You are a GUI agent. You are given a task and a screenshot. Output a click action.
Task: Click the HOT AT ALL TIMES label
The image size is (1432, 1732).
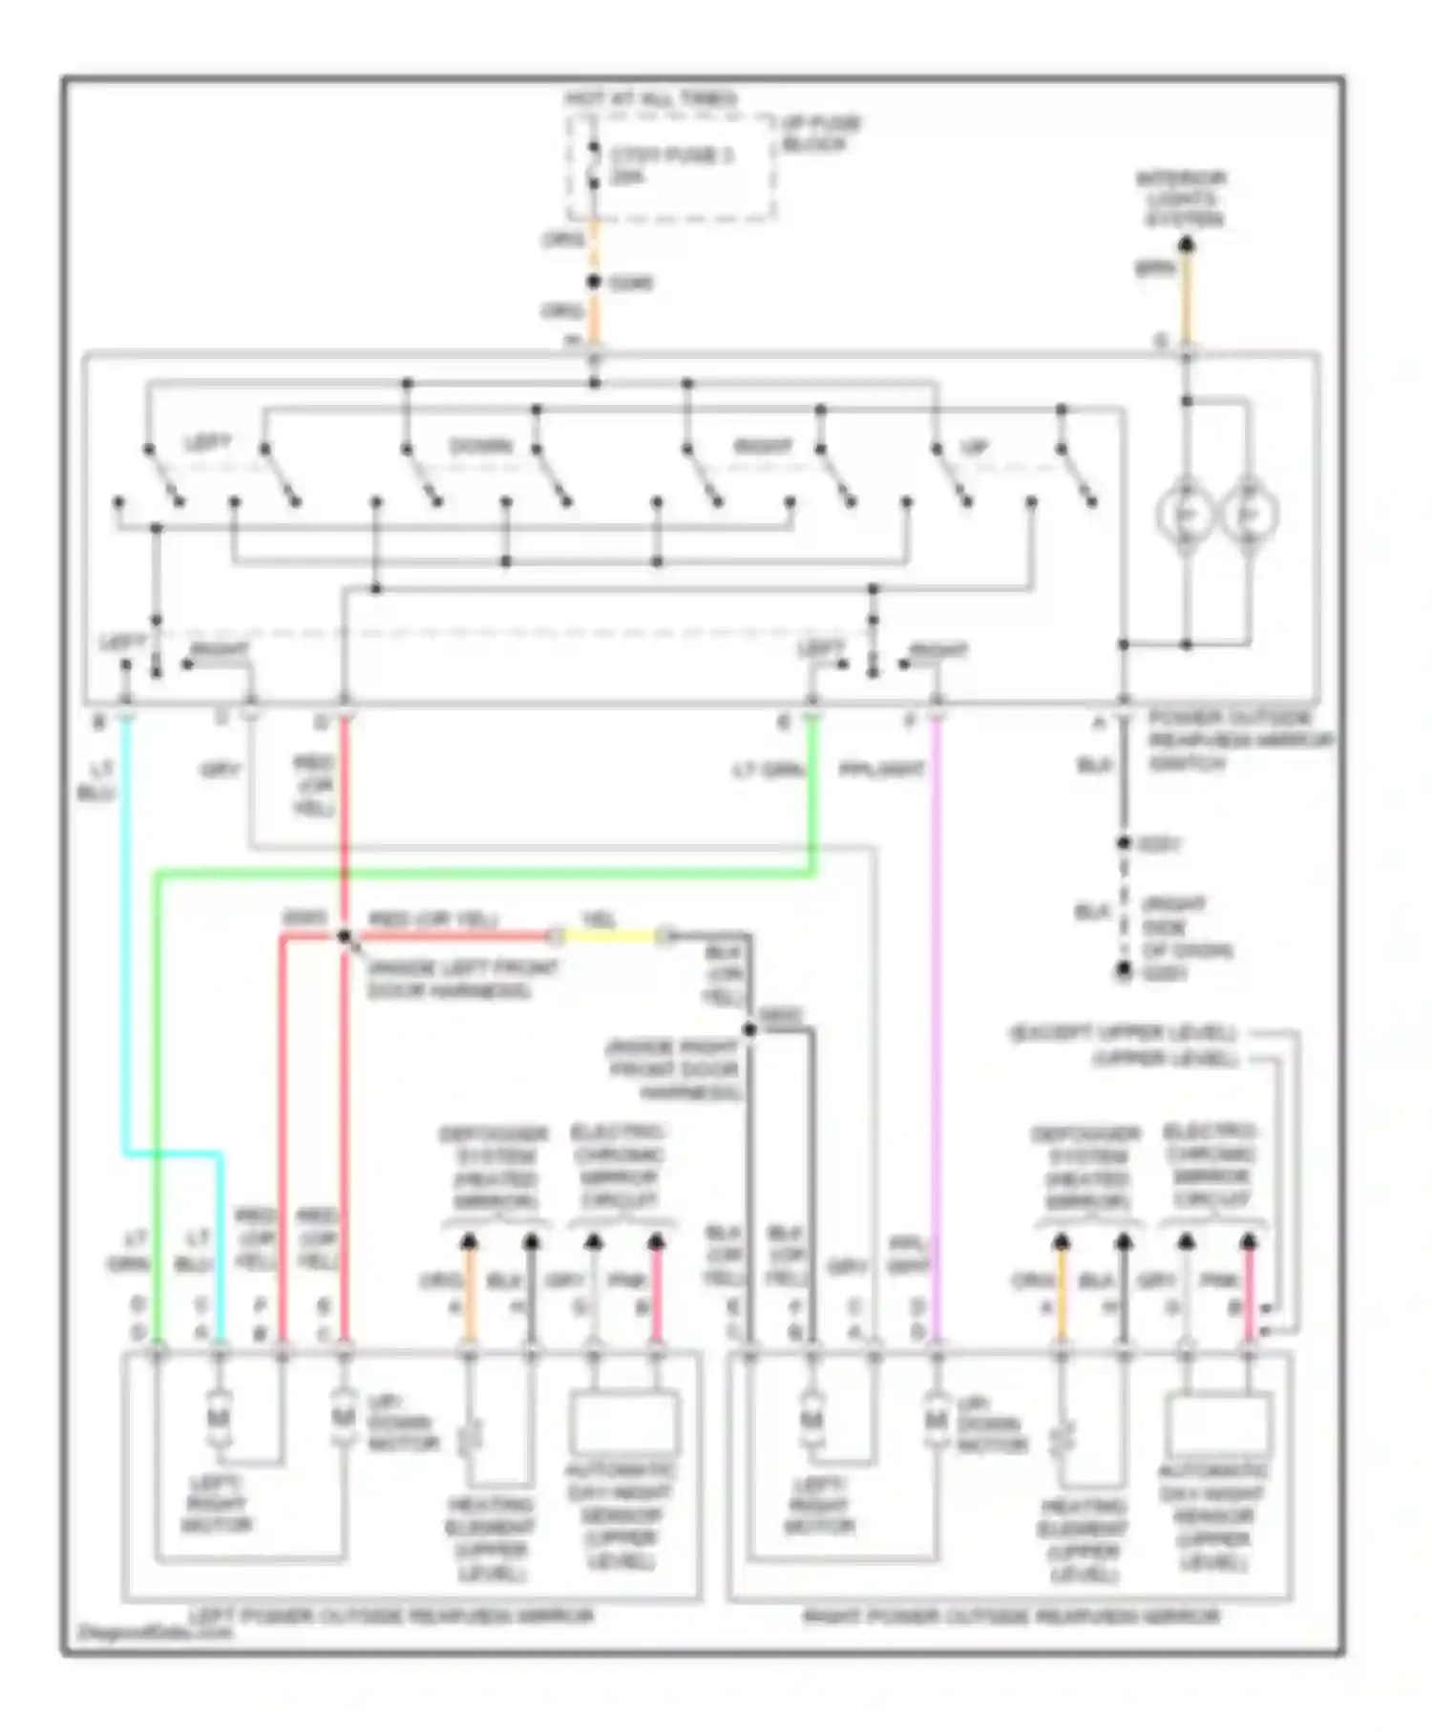[650, 99]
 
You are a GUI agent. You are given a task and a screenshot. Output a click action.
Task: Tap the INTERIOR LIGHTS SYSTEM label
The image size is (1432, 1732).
[1181, 199]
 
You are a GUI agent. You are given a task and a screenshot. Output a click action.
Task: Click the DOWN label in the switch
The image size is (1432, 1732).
[480, 447]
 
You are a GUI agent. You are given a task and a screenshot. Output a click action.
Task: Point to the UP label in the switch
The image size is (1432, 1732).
[973, 447]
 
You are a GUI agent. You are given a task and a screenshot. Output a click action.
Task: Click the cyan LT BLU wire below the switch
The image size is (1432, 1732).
[126, 955]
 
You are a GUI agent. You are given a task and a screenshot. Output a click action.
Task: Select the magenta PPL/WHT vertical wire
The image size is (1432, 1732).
[937, 1050]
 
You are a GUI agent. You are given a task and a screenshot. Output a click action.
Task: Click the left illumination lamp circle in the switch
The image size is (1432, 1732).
[1185, 515]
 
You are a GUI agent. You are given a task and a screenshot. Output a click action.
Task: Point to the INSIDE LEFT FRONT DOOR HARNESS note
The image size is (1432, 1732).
[462, 980]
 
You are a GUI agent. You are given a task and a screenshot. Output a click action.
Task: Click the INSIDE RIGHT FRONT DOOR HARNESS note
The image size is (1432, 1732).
[673, 1069]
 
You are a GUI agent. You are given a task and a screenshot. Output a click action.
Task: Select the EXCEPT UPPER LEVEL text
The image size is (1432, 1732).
[1123, 1033]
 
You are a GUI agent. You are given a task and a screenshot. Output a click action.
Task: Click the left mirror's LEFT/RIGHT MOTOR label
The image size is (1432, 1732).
[217, 1505]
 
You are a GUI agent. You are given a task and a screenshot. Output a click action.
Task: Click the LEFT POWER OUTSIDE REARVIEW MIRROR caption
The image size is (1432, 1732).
[391, 1616]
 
